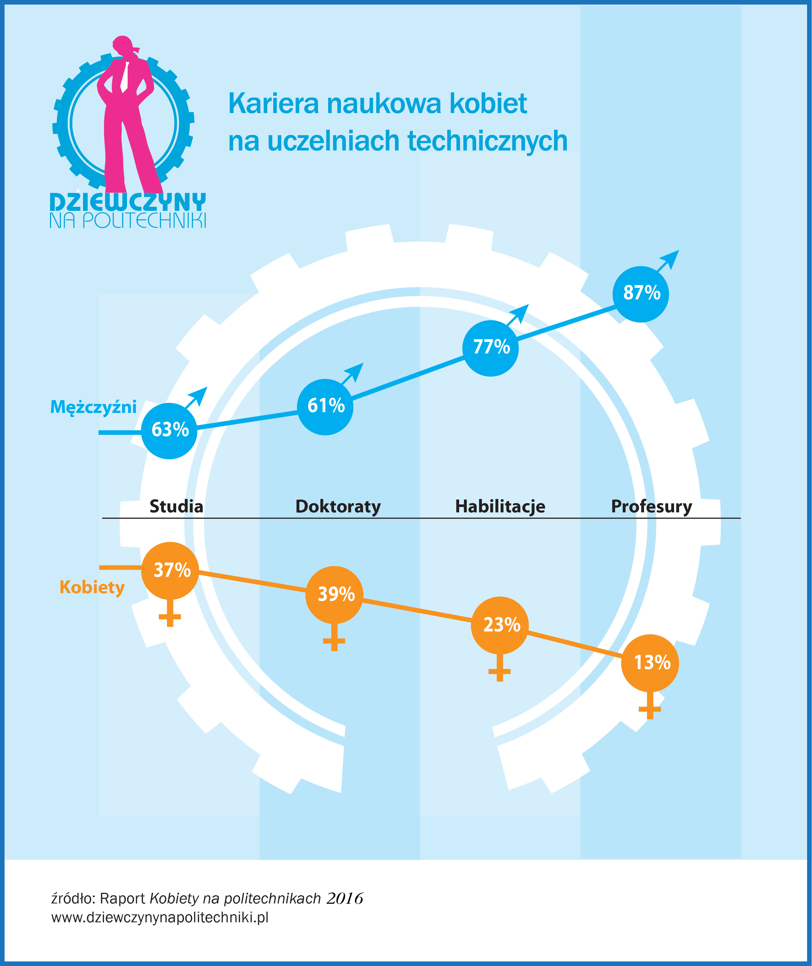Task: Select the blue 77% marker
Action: coord(490,348)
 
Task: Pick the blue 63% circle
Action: coord(169,431)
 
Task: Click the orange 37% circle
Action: coord(170,571)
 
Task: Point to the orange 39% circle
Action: coord(334,595)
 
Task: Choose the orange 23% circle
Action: coord(500,625)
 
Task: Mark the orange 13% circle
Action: coord(650,663)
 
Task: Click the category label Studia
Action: coord(176,506)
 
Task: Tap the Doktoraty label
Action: coord(338,507)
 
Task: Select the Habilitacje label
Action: coord(500,507)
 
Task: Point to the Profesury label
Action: coord(651,507)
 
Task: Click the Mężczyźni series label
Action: coord(93,407)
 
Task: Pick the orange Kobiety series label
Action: coord(92,588)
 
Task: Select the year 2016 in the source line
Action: coord(345,898)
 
